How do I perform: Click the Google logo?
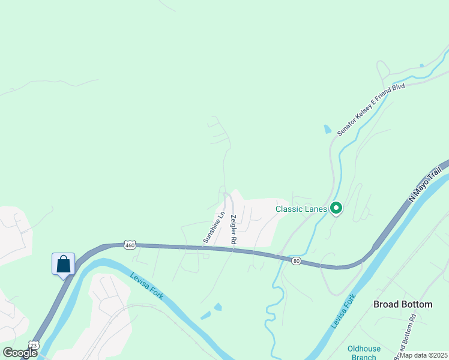pos(20,353)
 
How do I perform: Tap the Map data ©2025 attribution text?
pos(423,355)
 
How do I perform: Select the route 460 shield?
pos(130,245)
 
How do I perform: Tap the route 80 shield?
pos(295,260)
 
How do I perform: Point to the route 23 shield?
pos(34,345)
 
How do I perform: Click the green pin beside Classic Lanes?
pos(336,209)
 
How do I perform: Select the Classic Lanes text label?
pos(301,209)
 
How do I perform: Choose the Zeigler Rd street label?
pos(233,229)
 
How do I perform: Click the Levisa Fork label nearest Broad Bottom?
pos(343,311)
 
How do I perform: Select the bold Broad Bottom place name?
pos(403,304)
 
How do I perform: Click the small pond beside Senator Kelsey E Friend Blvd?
pos(327,128)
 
